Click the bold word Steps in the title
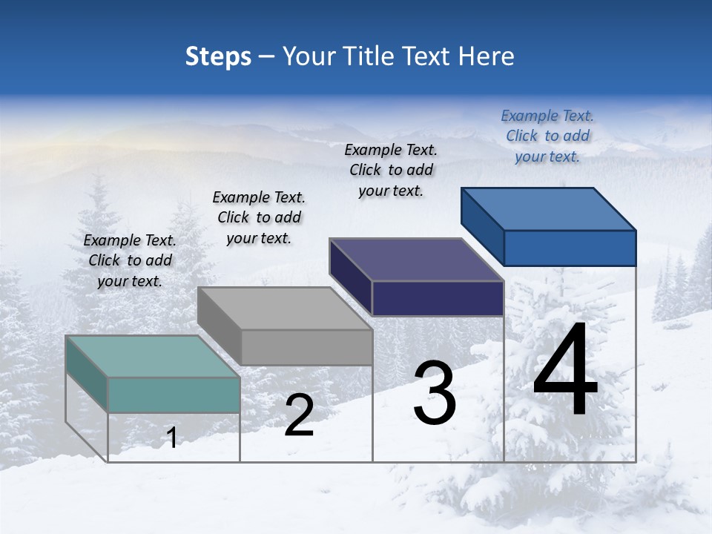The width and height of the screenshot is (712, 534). point(218,56)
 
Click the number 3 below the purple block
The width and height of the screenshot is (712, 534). point(435,393)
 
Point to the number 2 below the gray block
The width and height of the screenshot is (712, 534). point(299,415)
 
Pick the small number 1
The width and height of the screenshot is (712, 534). point(172,438)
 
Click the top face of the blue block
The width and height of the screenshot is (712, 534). point(549,208)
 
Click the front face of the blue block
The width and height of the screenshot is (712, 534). point(570,248)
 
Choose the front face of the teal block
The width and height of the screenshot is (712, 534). point(174,395)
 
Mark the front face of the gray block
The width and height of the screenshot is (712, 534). point(306,347)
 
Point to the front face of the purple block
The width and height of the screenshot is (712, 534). point(438,298)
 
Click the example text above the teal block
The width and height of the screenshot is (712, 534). point(130,260)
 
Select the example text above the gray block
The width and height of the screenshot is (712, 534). point(259,217)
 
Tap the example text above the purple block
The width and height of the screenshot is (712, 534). point(391,170)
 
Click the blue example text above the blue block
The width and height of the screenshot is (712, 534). point(547,136)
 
